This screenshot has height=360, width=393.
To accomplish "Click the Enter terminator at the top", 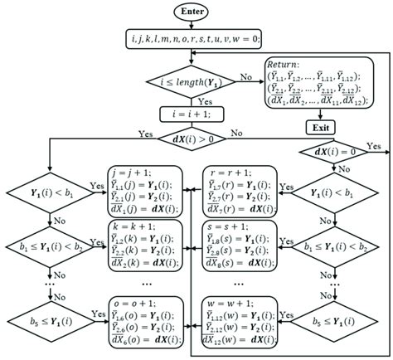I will coord(196,12).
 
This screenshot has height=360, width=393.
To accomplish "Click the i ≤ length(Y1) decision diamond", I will coord(196,81).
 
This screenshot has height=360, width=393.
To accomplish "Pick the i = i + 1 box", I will coord(196,114).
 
